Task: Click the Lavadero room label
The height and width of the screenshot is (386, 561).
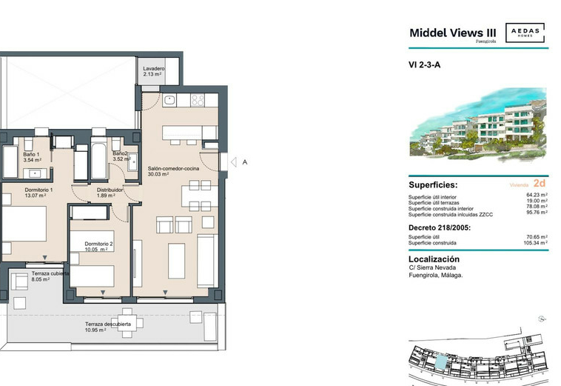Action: point(153,68)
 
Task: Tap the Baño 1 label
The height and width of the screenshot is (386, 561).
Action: point(32,154)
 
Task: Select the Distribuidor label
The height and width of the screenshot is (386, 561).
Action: point(110,190)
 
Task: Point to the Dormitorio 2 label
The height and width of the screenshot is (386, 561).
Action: point(98,244)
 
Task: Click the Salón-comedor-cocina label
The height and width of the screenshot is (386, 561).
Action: point(173,168)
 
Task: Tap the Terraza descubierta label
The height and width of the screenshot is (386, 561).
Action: point(108,324)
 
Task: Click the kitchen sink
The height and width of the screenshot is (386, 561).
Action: point(169,100)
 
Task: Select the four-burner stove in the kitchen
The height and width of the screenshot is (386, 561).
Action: point(198,100)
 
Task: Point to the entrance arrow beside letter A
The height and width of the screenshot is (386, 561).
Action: point(234,162)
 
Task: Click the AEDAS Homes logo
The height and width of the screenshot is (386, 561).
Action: point(525,33)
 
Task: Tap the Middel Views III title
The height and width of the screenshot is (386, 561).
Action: point(453,33)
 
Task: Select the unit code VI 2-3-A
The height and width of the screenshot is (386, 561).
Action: point(424,64)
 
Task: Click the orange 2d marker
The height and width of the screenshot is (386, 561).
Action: point(540,183)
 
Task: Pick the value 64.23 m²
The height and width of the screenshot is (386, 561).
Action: point(537,195)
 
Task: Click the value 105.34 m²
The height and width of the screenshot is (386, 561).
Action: point(535,243)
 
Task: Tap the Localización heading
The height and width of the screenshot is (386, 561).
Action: point(434,259)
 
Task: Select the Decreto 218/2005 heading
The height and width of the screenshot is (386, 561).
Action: point(440,227)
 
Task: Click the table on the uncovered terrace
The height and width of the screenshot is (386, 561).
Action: point(127,323)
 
